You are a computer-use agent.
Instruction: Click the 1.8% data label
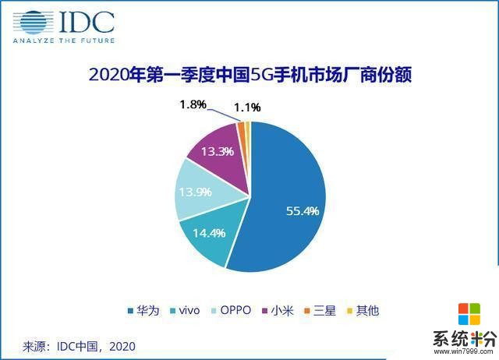click(193, 105)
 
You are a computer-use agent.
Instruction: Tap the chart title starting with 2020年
click(250, 76)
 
